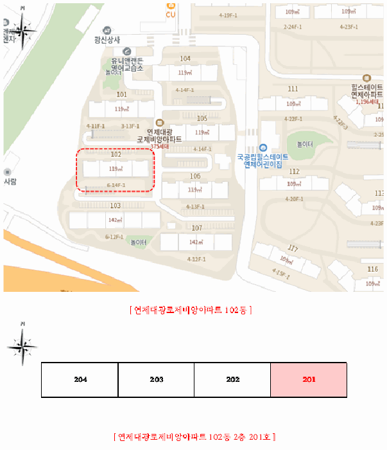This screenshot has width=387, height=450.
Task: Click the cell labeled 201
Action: (x=309, y=380)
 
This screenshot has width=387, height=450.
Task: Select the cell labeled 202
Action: (x=232, y=380)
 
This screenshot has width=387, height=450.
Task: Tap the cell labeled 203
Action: (x=156, y=380)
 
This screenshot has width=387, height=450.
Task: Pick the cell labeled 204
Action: (x=80, y=380)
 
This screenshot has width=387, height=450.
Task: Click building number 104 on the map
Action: (x=185, y=59)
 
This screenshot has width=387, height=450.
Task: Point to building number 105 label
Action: (x=202, y=118)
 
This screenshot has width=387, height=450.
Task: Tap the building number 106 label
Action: (x=195, y=175)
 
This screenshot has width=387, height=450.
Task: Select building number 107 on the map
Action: (x=196, y=228)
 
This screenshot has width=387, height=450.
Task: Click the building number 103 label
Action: (x=115, y=206)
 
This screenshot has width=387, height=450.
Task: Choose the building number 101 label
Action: (x=121, y=94)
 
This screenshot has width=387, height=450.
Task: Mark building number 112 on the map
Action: (x=294, y=171)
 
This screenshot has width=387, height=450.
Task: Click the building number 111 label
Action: (x=293, y=89)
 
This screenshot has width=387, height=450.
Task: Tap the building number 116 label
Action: (x=372, y=269)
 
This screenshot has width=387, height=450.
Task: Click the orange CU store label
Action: (x=170, y=14)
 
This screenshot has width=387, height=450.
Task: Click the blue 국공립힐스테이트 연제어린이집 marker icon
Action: (x=262, y=148)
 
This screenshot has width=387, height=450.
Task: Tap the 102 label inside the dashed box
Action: (x=116, y=155)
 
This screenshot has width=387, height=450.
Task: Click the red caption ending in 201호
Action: (x=194, y=437)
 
